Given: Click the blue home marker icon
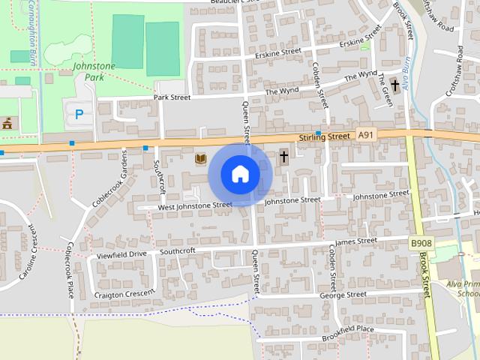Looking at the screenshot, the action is pyautogui.click(x=240, y=175).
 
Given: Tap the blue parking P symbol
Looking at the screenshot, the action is pyautogui.click(x=78, y=115).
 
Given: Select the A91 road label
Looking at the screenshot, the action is pyautogui.click(x=365, y=135).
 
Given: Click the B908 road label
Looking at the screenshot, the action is pyautogui.click(x=421, y=244).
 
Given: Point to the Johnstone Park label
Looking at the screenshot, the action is pyautogui.click(x=94, y=71).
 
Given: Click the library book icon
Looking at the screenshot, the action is pyautogui.click(x=200, y=158).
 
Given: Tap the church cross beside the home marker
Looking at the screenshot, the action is pyautogui.click(x=284, y=157).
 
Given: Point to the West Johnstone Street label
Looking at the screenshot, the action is pyautogui.click(x=195, y=205).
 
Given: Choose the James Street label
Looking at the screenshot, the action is pyautogui.click(x=355, y=241).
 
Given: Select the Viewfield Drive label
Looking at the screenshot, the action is pyautogui.click(x=121, y=255).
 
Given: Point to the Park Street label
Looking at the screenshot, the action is pyautogui.click(x=172, y=97).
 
